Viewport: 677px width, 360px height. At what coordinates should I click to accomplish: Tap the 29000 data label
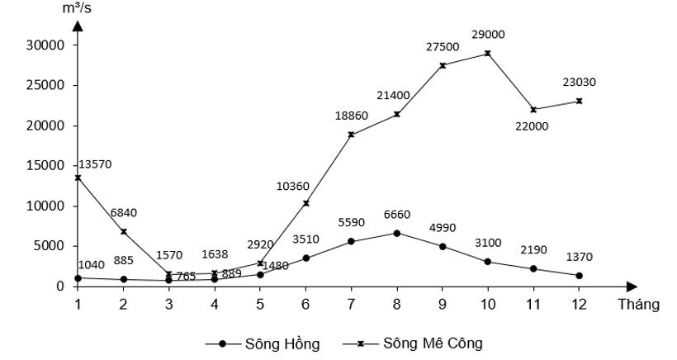tap(489, 35)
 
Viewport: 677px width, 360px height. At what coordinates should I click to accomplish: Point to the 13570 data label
tap(94, 164)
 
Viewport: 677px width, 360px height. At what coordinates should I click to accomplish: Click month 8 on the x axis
tap(396, 304)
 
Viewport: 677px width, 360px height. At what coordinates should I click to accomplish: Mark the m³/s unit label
tap(78, 9)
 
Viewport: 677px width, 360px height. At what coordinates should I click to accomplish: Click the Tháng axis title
tap(638, 304)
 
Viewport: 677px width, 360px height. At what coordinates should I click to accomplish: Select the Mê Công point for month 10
tap(488, 53)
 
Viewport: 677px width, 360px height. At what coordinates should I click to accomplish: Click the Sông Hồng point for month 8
tap(396, 233)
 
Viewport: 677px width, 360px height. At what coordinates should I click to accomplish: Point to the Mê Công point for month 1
tap(78, 178)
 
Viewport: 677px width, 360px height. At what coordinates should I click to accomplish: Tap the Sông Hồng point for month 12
tap(579, 276)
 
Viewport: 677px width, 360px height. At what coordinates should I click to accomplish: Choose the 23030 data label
tap(579, 82)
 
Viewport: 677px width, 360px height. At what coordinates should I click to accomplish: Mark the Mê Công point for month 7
tap(351, 135)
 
